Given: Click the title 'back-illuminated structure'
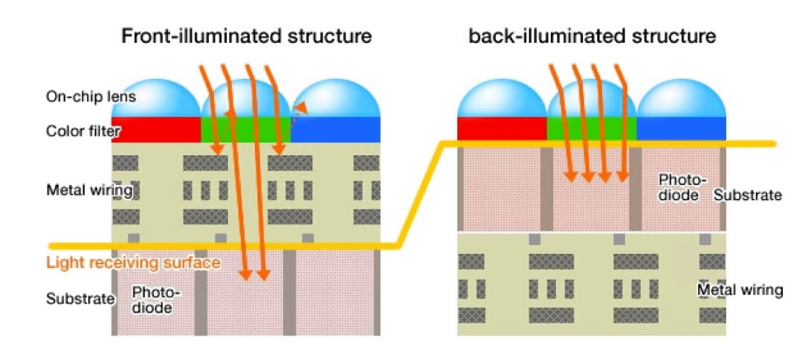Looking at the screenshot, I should (x=592, y=36).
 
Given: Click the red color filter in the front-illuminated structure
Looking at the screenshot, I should (x=156, y=129).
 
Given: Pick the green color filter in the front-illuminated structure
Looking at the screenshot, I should (x=246, y=129).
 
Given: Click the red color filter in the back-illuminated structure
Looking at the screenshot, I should (x=502, y=128).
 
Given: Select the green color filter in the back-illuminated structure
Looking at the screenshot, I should (x=592, y=128).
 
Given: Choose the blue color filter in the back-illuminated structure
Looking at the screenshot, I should (x=682, y=128).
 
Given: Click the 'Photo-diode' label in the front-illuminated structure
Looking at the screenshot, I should (x=155, y=300).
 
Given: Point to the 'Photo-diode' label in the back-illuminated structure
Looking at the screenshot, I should (x=681, y=187).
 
